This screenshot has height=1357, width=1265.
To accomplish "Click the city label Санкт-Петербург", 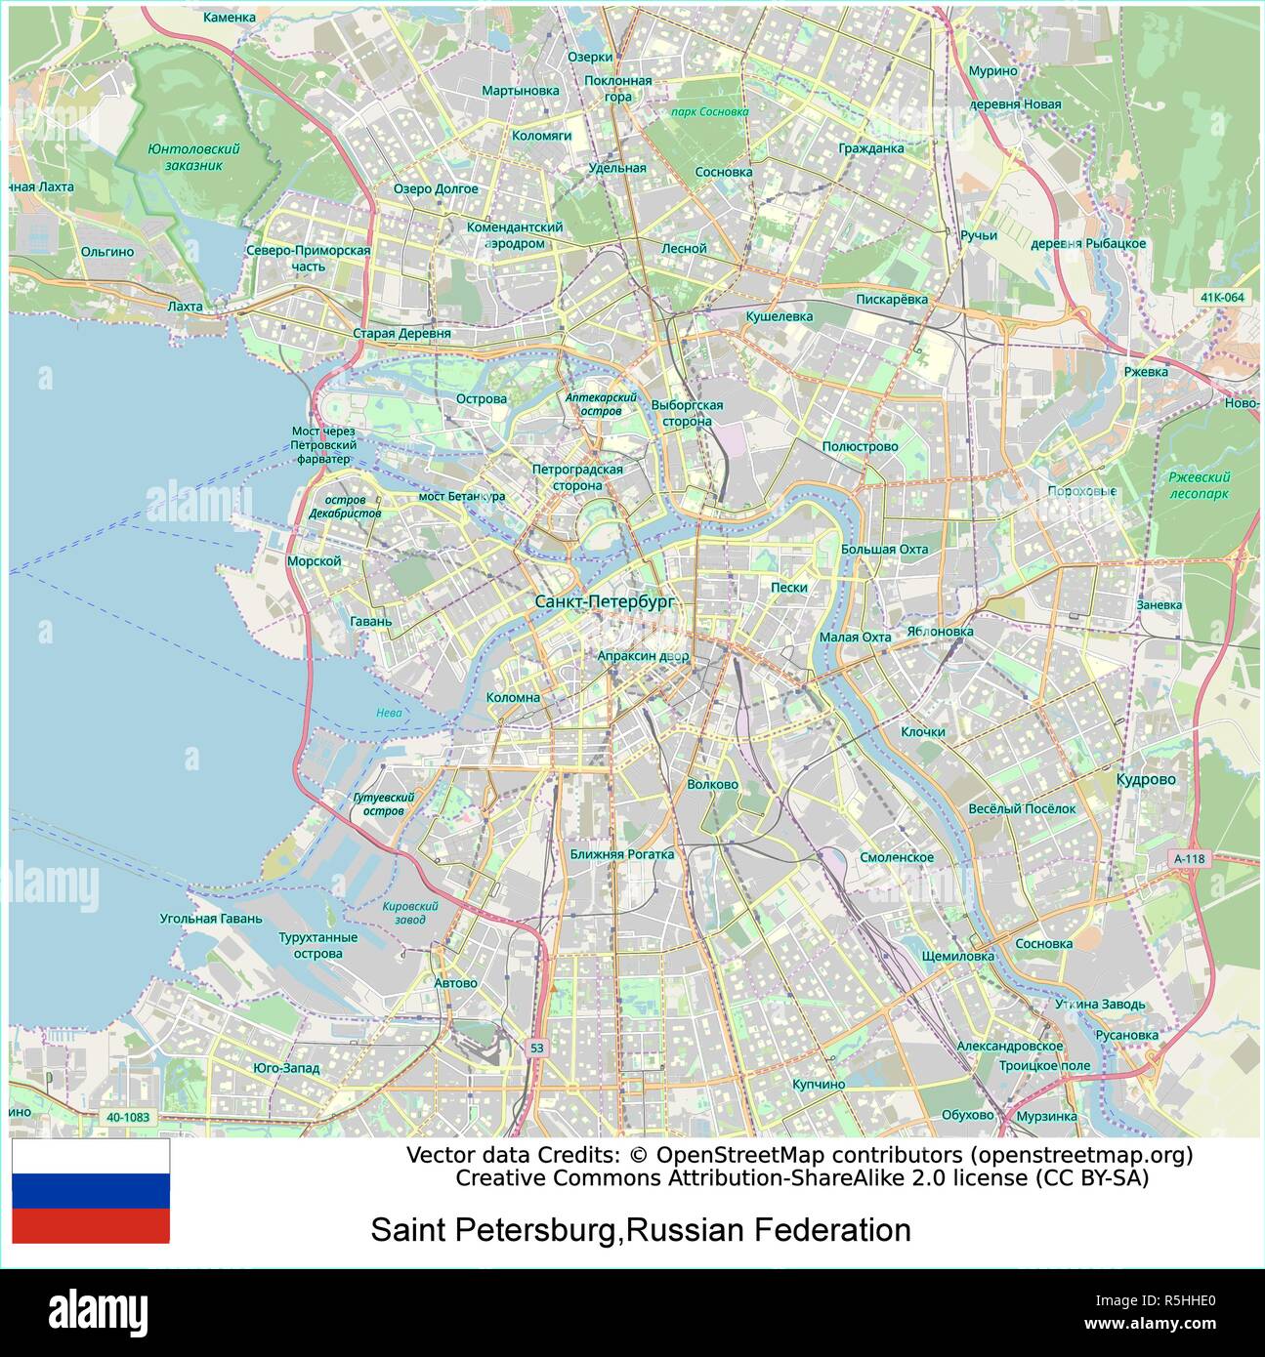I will [605, 602].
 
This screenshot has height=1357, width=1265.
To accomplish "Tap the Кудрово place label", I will [1146, 779].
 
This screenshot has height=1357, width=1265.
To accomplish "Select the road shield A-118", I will [1190, 859].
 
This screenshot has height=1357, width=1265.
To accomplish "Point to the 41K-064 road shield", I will [1223, 297].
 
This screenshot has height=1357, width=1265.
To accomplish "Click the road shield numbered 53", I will [536, 1048].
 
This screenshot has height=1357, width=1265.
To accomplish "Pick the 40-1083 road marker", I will [128, 1117].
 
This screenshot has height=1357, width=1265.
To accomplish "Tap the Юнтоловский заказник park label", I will [193, 157].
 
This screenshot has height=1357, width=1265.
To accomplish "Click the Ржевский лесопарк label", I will [1199, 485].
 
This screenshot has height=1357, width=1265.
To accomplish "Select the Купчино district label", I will [819, 1084].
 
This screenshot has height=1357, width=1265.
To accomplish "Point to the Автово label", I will [455, 982].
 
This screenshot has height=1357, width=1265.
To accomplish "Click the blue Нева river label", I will [389, 713].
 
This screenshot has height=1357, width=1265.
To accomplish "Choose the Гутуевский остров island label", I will [383, 803].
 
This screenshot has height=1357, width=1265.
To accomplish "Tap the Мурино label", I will [992, 71].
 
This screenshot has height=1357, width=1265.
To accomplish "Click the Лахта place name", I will [185, 307].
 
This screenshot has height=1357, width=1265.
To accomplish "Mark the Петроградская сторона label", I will [577, 477].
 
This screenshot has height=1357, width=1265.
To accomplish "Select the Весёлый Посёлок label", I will [1022, 808].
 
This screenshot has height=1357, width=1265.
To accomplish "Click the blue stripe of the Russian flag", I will [91, 1191].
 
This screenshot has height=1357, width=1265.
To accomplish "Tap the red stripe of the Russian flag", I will [91, 1226].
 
